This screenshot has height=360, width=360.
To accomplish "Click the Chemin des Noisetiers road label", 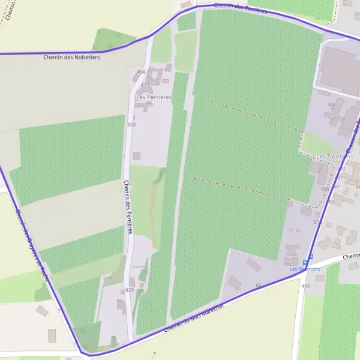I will [x=71, y=58].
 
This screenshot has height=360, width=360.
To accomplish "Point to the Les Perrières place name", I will [x=154, y=97].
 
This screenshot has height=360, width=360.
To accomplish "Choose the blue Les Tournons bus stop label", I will [x=305, y=269].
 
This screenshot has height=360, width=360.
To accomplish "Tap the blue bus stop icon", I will [x=305, y=262].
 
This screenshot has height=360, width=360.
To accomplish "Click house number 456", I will [x=142, y=72].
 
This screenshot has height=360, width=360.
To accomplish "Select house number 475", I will [x=145, y=85].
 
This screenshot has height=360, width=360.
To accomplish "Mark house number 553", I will [x=131, y=125].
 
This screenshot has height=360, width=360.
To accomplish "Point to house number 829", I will [x=130, y=290].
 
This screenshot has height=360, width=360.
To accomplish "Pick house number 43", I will [x=331, y=104].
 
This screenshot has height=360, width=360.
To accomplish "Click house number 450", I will [x=325, y=190].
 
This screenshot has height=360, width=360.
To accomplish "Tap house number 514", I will [x=317, y=222].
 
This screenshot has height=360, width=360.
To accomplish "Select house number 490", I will [x=305, y=286].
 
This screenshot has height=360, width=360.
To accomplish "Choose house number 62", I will [x=259, y=284].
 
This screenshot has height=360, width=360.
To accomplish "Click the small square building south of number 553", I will [x=136, y=156].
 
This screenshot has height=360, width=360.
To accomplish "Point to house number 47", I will [x=337, y=187].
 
